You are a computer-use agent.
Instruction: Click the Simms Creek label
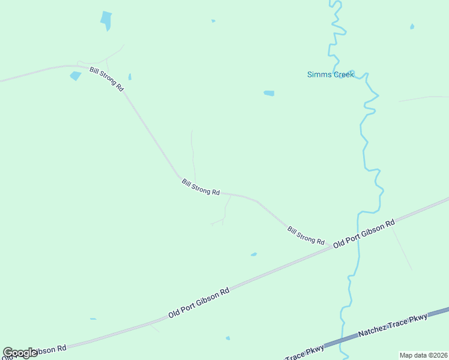330,74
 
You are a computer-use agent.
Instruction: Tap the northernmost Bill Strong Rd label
106,79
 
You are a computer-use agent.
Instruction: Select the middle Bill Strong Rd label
200,187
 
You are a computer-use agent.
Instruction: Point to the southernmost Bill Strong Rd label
306,235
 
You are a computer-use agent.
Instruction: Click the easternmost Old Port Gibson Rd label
364,233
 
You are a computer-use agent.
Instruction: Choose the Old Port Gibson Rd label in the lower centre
199,304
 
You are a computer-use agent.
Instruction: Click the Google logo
20,353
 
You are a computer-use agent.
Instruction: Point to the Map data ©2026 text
423,355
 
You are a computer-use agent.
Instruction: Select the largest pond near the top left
106,20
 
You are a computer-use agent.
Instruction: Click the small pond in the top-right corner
412,26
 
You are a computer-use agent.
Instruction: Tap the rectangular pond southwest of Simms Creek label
269,93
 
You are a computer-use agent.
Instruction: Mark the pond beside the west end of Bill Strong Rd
76,76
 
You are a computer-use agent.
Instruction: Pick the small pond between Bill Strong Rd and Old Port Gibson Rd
254,254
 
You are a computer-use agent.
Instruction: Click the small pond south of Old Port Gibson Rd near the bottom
228,338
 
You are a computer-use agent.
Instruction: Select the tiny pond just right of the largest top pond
213,21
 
